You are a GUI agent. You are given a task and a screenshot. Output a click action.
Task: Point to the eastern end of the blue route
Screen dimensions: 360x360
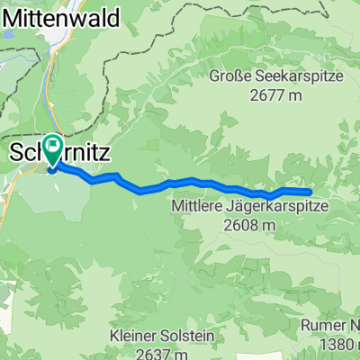310,192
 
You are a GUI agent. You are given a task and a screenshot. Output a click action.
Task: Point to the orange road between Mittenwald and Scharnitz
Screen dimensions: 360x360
54,90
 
